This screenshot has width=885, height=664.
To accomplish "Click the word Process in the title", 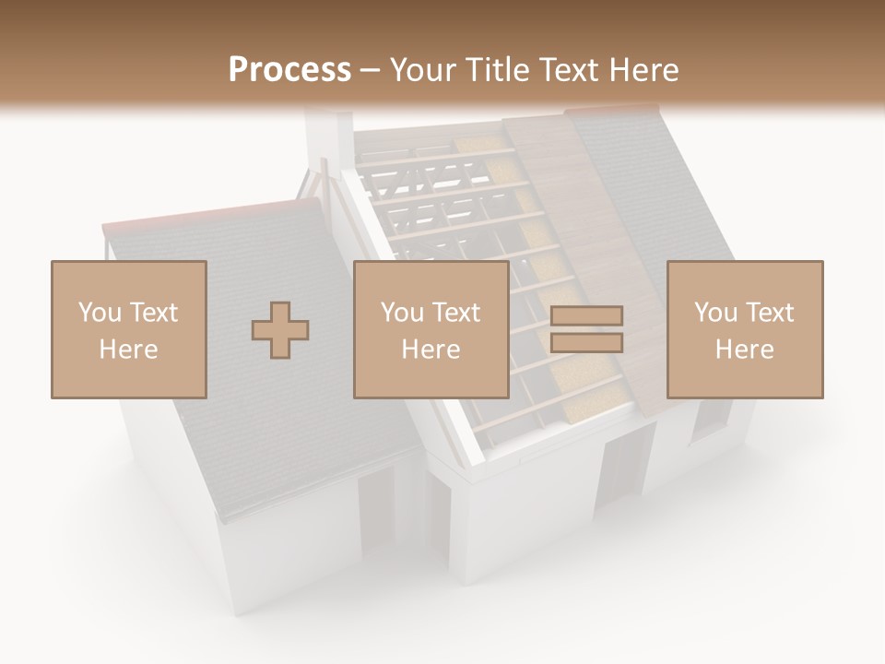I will coord(289,70).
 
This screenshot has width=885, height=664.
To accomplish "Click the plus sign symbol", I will coord(280,330).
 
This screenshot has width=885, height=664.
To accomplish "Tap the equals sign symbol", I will coord(586,329).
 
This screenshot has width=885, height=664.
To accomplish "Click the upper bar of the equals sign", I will coord(586,316).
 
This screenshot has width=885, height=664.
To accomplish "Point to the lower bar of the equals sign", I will coord(586,342).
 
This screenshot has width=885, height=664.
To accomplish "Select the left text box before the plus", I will coord(129,329).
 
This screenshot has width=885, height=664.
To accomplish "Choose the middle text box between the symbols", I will coord(431,329).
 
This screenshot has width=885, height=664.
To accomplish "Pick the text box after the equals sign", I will coord(745,329).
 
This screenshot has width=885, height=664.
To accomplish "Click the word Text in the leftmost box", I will coord(153,313).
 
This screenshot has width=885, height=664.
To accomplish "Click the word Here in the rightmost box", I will coord(745,350).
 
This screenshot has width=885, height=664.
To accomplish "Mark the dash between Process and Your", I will coord(371,70).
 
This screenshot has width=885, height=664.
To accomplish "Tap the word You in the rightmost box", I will coord(715,313).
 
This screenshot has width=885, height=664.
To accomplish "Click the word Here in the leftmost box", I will coord(129,350).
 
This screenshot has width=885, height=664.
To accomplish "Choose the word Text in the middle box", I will coord(456,313).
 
